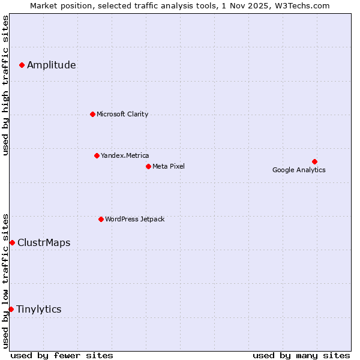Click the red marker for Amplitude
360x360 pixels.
coord(22,65)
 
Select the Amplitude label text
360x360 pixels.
coord(52,65)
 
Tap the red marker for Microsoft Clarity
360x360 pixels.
coord(92,114)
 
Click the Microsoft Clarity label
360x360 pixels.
coord(122,114)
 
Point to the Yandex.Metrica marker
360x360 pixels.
coord(97,155)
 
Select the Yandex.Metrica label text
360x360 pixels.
coord(125,155)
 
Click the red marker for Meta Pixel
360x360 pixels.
coord(148,166)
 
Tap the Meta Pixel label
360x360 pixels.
coord(169,166)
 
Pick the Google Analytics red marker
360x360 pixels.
coord(314,161)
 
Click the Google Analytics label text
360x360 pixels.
coord(299,170)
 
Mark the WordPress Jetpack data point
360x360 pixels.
coord(101,219)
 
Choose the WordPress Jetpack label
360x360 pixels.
coord(134,219)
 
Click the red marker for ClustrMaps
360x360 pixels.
coord(12,242)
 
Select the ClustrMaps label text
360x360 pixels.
coord(44,243)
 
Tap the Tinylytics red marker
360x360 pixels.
coord(11,309)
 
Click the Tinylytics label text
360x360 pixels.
coord(38,310)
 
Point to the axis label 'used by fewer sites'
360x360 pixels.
coord(62,355)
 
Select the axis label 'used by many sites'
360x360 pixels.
coord(301,355)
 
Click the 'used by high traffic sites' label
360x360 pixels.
coord(5,85)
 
